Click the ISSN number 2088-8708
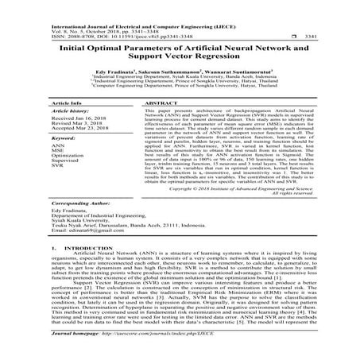[x=41, y=20]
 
